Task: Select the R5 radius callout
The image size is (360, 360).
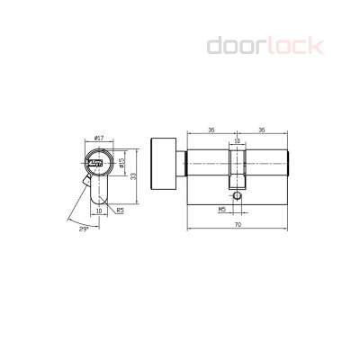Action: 120,211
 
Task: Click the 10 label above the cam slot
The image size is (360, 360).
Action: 238,140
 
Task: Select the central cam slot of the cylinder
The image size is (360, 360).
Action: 238,171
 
